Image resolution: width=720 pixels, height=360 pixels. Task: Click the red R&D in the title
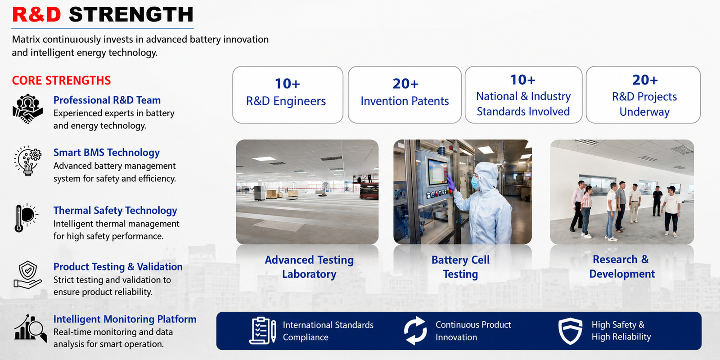coord(36,15)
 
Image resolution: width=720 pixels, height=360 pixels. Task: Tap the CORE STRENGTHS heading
coord(61,81)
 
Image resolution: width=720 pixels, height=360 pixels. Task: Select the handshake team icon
coord(27,109)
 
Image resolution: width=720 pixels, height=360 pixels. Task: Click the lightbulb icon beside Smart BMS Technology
coord(27,161)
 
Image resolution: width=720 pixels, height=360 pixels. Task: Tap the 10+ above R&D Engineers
coord(288,84)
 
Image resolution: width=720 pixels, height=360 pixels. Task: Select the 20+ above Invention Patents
coord(405,84)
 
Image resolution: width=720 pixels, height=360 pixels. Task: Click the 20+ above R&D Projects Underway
coord(645,80)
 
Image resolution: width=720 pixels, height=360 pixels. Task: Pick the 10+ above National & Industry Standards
coord(522,80)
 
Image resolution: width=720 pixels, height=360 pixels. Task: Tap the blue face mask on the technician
coord(475,182)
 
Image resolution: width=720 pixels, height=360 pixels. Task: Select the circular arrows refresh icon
coord(415,331)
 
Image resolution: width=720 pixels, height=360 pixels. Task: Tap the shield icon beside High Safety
coord(570,331)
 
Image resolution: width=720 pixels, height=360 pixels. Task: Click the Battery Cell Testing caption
coord(461,267)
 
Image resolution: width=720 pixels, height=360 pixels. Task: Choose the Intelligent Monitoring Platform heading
coord(125,319)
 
